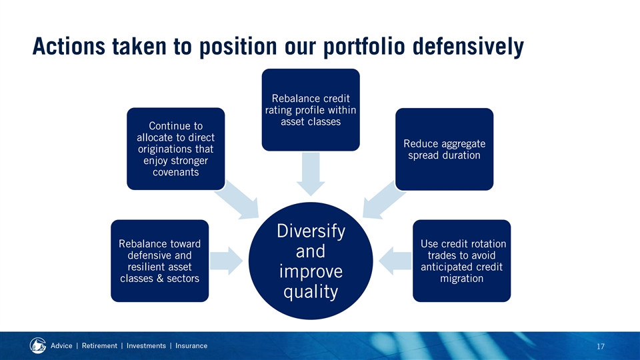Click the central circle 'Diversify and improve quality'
pyautogui.click(x=311, y=261)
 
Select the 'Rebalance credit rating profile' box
pyautogui.click(x=311, y=110)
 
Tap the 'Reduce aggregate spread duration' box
pyautogui.click(x=445, y=149)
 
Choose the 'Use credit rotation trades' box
pyautogui.click(x=461, y=261)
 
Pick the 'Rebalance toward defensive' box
pyautogui.click(x=159, y=261)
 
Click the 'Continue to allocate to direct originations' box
pyautogui.click(x=176, y=149)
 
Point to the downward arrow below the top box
pyautogui.click(x=311, y=174)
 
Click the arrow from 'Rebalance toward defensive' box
pyautogui.click(x=227, y=261)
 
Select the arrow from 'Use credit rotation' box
pyautogui.click(x=395, y=261)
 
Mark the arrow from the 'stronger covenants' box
pyautogui.click(x=237, y=200)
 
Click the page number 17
pyautogui.click(x=601, y=347)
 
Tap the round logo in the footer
pyautogui.click(x=38, y=346)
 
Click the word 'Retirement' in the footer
pyautogui.click(x=99, y=346)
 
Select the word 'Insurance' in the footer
pyautogui.click(x=191, y=346)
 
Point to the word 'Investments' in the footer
pyautogui.click(x=146, y=346)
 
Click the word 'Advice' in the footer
pyautogui.click(x=61, y=346)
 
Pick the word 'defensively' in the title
pyautogui.click(x=468, y=46)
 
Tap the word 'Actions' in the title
pyautogui.click(x=69, y=46)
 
